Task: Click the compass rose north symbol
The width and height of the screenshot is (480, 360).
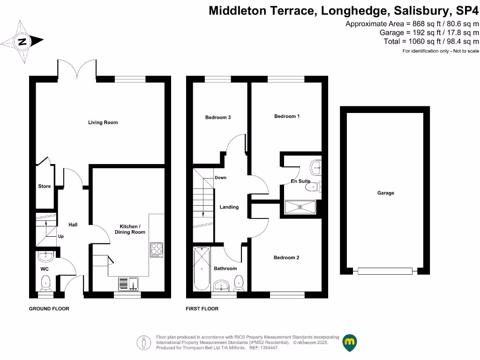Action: [x=22, y=42]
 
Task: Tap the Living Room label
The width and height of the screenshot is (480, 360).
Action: [x=103, y=123]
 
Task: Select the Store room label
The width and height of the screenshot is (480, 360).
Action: [x=45, y=187]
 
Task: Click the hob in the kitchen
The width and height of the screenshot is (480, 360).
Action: [x=156, y=249]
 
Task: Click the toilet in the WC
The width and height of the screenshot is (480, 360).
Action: [x=45, y=282]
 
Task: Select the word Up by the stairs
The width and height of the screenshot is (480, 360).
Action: [x=60, y=237]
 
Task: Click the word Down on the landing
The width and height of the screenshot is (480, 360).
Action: [x=220, y=178]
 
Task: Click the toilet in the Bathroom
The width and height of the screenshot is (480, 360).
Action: [x=239, y=282]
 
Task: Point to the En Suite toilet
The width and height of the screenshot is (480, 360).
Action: [x=311, y=187]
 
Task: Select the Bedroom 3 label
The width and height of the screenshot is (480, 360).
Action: [x=218, y=118]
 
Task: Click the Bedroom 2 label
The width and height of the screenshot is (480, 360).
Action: [x=286, y=258]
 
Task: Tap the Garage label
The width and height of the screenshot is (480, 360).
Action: [x=386, y=193]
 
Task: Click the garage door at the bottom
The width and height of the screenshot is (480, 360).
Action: [x=385, y=271]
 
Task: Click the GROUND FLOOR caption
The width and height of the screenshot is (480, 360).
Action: [x=49, y=309]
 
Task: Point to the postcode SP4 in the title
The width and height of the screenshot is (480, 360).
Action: [x=466, y=10]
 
